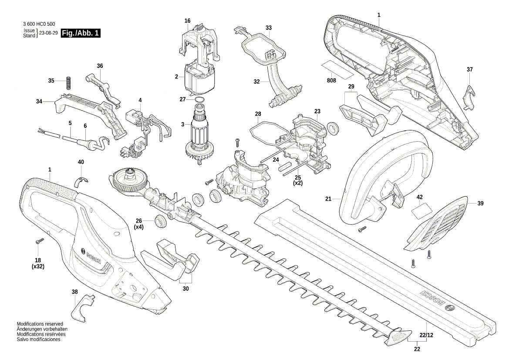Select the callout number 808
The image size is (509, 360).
pos(332,81)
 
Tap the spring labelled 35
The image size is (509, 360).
pos(68,82)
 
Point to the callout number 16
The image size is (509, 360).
pos(187,21)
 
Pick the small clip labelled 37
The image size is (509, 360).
pos(469,96)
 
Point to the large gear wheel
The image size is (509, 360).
pos(129,181)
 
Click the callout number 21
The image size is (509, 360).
pos(328,199)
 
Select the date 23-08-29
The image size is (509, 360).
pos(48,33)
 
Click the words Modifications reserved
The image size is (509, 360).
pos(40,324)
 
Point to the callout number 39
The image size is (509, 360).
pos(480,203)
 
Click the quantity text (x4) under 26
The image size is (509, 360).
pos(138,228)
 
